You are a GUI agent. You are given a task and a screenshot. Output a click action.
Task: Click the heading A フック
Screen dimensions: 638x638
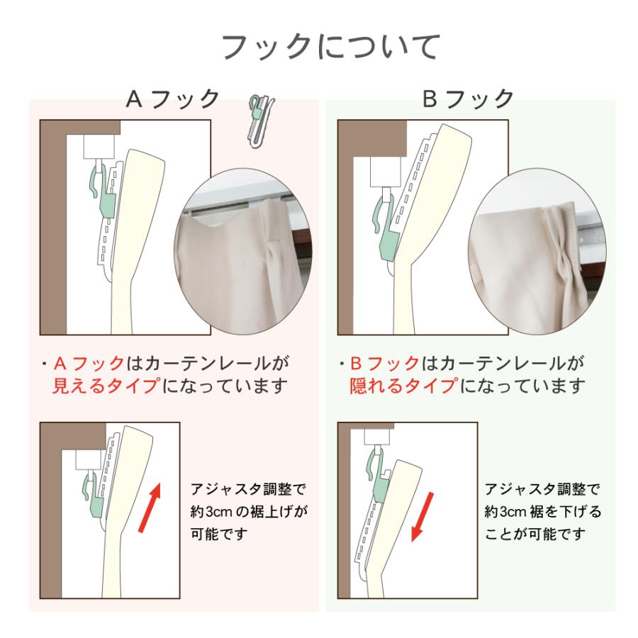click(174, 99)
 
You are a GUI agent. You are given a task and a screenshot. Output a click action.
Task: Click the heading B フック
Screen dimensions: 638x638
click(469, 99)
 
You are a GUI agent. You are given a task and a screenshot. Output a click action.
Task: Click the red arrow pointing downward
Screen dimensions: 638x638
click(424, 520)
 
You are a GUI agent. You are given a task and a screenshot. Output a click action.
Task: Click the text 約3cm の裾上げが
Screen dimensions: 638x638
click(251, 511)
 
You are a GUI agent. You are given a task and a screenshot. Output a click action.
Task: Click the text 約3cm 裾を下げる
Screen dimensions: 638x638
click(542, 511)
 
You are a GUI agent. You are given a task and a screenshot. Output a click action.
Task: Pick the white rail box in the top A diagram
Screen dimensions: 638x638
click(98, 147)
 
